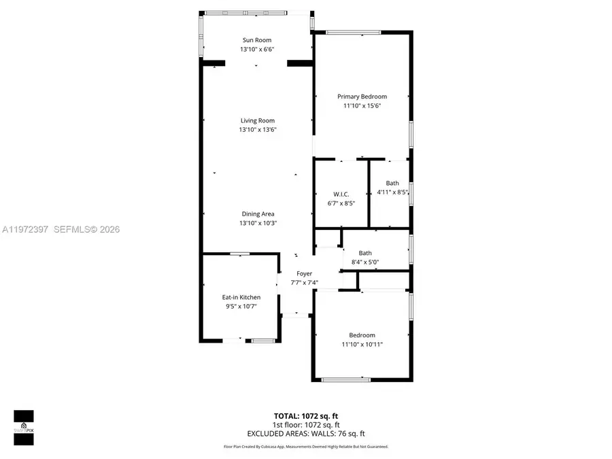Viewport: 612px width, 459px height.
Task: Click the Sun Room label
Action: pyautogui.click(x=257, y=40)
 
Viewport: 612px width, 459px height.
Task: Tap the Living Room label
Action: pyautogui.click(x=257, y=120)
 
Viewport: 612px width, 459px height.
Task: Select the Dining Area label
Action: pyautogui.click(x=257, y=214)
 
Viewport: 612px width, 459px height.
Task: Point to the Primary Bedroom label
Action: pyautogui.click(x=362, y=97)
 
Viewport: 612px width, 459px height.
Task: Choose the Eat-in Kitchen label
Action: pyautogui.click(x=241, y=297)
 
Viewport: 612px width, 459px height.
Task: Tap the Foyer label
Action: pyautogui.click(x=304, y=273)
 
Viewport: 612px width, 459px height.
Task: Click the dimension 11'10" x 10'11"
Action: pyautogui.click(x=362, y=344)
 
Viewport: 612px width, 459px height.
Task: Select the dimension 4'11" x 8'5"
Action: pyautogui.click(x=392, y=192)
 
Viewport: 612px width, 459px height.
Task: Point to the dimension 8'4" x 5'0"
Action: pyautogui.click(x=365, y=262)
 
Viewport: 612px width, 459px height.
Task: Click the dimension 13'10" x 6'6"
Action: pyautogui.click(x=257, y=50)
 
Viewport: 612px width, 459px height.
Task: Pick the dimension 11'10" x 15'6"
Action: pyautogui.click(x=362, y=106)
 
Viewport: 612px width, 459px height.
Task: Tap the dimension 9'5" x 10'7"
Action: pyautogui.click(x=241, y=306)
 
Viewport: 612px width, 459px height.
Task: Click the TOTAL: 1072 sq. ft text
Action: pyautogui.click(x=305, y=415)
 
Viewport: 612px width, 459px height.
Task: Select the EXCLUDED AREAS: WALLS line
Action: pyautogui.click(x=305, y=433)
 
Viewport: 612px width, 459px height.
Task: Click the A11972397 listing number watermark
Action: pyautogui.click(x=24, y=230)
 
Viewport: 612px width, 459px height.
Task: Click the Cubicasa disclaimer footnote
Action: pyautogui.click(x=305, y=447)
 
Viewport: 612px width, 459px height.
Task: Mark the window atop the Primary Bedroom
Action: pyautogui.click(x=353, y=32)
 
